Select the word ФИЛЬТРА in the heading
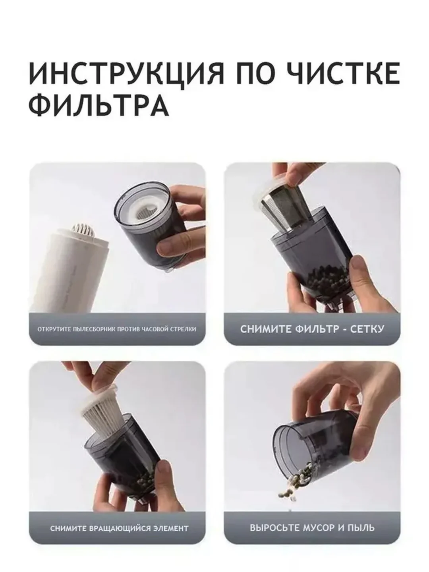click(x=99, y=104)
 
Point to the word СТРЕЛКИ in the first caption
click(x=184, y=329)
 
